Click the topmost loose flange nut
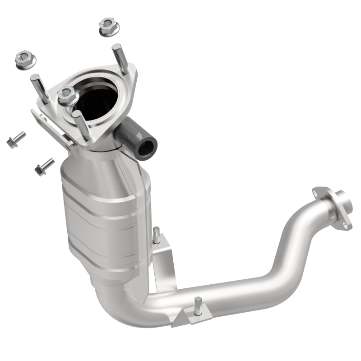108,27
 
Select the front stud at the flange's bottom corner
83,125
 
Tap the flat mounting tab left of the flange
52,129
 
